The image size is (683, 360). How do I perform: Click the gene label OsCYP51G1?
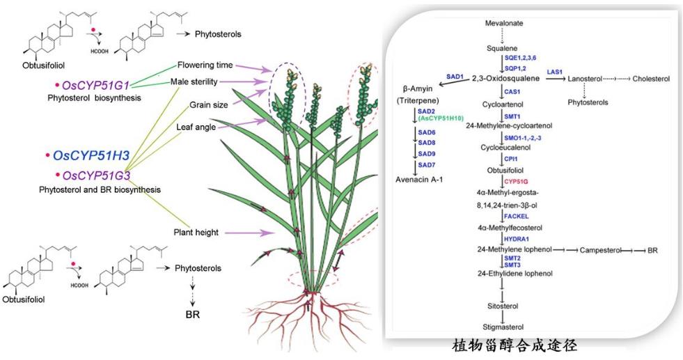(x=96, y=85)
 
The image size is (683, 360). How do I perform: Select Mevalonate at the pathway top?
(x=503, y=23)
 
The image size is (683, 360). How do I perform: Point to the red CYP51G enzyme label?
(x=518, y=182)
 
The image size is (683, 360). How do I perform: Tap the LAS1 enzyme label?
(x=554, y=72)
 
